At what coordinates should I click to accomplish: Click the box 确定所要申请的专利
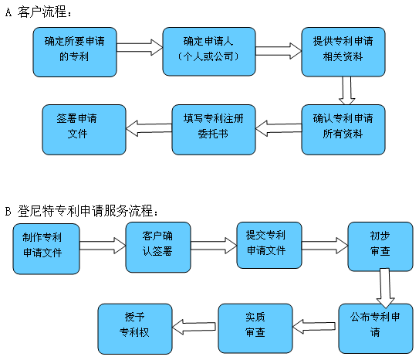click(75, 52)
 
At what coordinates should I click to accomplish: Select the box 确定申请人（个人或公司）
click(209, 51)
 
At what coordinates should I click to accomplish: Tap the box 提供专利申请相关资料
click(343, 52)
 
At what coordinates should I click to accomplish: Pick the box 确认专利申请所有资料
click(343, 130)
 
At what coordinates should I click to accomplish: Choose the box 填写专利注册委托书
click(214, 130)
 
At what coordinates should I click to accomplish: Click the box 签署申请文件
click(84, 130)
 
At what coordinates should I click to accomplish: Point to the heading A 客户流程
click(39, 12)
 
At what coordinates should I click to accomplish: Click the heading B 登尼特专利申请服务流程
click(82, 211)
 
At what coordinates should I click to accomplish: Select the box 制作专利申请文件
click(46, 249)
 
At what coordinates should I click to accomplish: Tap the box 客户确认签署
click(158, 247)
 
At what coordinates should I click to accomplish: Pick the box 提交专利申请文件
click(269, 245)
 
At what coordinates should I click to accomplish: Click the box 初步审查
click(380, 246)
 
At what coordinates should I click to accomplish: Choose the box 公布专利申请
click(376, 328)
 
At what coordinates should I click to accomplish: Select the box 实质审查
click(255, 328)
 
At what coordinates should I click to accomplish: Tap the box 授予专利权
click(135, 328)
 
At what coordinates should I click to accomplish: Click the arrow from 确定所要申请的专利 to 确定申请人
click(140, 48)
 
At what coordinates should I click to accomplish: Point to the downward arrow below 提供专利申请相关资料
click(346, 90)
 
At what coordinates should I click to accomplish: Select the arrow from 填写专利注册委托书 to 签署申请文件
click(149, 128)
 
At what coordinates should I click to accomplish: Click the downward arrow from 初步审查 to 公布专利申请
click(385, 288)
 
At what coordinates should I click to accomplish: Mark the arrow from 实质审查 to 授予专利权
click(194, 327)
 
